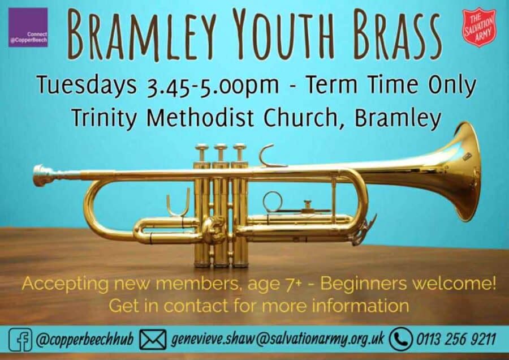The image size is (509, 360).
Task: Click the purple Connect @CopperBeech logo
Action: [x=28, y=27]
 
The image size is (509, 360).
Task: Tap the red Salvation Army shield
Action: [x=479, y=27]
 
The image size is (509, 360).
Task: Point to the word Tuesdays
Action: [x=87, y=85]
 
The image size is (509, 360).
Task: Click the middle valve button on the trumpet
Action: [x=221, y=148]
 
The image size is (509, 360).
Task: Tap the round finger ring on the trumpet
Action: [x=273, y=202]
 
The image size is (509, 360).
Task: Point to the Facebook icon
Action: [x=20, y=340]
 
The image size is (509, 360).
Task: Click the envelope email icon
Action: [x=153, y=340]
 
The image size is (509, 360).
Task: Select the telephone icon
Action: [x=401, y=339]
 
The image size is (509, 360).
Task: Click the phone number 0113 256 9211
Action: [x=456, y=340]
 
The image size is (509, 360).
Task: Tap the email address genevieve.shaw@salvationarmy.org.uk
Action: [x=278, y=339]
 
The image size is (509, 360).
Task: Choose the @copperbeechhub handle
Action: [x=85, y=340]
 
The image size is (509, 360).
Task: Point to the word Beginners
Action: [x=363, y=284]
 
